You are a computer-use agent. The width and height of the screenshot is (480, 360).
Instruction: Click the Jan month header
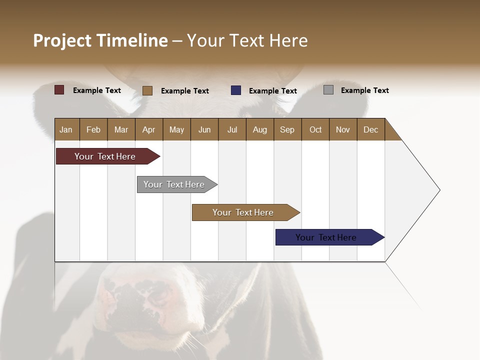click(x=66, y=129)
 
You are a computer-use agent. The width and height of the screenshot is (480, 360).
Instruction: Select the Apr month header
click(x=149, y=129)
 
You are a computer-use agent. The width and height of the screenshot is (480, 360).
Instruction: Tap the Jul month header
click(x=232, y=129)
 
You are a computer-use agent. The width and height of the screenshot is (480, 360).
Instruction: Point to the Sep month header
click(x=287, y=129)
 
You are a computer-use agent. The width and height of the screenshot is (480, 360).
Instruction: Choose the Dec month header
click(x=370, y=129)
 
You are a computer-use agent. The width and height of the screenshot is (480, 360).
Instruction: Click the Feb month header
click(x=93, y=129)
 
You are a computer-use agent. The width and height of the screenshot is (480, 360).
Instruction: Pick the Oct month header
click(x=315, y=129)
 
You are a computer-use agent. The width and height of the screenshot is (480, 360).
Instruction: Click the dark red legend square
click(x=59, y=90)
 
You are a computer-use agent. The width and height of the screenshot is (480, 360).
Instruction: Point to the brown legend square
click(x=147, y=90)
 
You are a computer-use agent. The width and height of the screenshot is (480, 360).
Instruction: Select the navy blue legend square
click(x=236, y=90)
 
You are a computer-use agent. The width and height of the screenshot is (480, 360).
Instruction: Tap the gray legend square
click(x=328, y=90)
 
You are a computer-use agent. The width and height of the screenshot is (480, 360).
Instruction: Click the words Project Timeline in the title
click(x=100, y=40)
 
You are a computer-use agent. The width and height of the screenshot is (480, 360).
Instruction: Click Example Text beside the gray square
click(x=364, y=90)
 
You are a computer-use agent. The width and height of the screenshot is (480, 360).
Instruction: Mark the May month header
click(x=176, y=129)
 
